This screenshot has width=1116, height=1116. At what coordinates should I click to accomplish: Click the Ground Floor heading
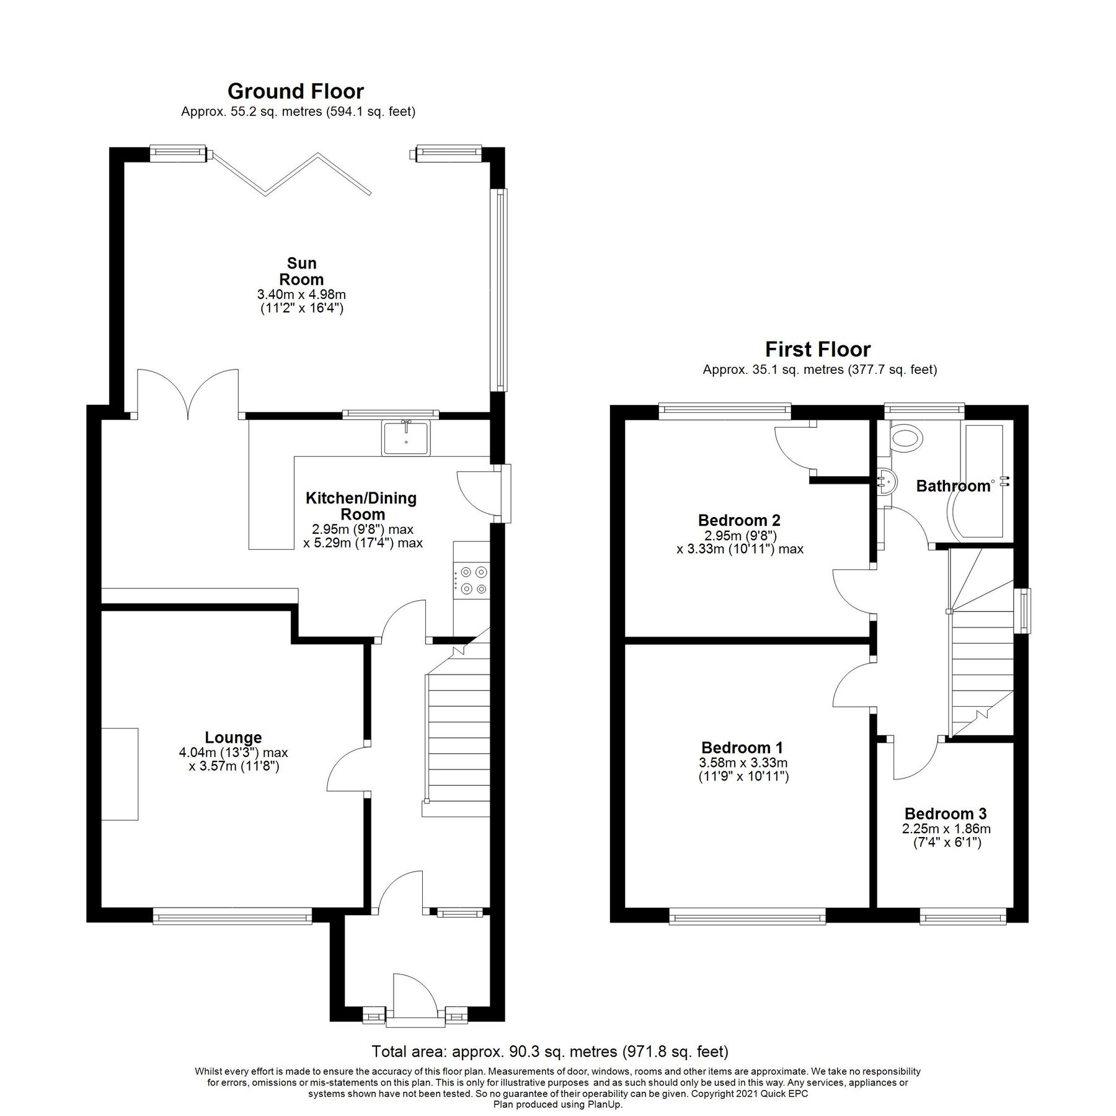pyautogui.click(x=295, y=92)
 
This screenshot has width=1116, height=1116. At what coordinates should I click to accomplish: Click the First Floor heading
pyautogui.click(x=817, y=350)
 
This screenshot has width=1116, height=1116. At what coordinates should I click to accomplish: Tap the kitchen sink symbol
pyautogui.click(x=406, y=438)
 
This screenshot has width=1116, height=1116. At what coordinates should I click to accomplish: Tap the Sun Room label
pyautogui.click(x=301, y=272)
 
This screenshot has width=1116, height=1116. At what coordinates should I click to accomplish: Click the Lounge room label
pyautogui.click(x=233, y=737)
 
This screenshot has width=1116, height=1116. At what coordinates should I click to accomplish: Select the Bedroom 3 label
pyautogui.click(x=945, y=813)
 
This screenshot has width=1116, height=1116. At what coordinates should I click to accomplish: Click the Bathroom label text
pyautogui.click(x=953, y=486)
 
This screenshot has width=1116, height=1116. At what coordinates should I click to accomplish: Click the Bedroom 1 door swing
pyautogui.click(x=852, y=684)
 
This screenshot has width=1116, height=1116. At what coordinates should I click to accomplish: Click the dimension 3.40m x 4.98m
pyautogui.click(x=301, y=294)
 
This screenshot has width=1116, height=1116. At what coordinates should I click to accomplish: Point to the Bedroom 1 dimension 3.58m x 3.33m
pyautogui.click(x=743, y=763)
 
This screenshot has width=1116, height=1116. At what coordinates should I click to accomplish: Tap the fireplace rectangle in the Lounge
pyautogui.click(x=120, y=774)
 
